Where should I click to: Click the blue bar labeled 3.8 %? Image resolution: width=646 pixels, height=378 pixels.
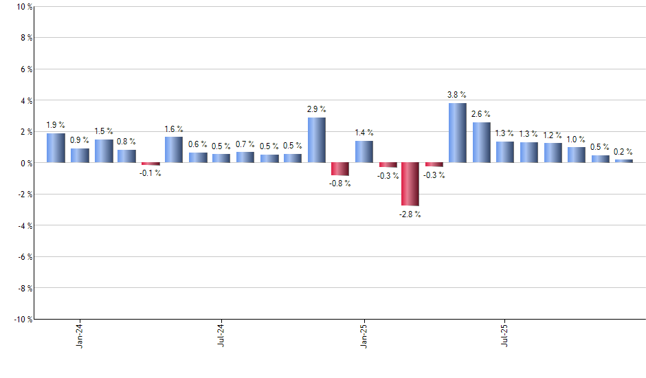point(458,133)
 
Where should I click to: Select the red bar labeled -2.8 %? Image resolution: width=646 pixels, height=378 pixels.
point(410,184)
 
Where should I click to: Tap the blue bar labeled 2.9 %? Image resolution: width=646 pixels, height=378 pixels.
point(316,140)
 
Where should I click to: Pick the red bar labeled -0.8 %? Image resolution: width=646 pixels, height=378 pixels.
point(339,169)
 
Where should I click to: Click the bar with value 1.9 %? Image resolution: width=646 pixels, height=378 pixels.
point(56,148)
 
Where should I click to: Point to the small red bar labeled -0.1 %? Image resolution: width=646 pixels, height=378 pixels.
point(151,164)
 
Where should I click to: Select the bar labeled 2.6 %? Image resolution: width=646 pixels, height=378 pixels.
point(481,142)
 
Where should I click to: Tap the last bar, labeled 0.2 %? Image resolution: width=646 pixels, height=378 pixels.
point(623,161)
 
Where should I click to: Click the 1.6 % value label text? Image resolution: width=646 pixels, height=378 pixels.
point(174,129)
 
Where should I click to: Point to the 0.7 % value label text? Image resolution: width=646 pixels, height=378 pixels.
point(245,144)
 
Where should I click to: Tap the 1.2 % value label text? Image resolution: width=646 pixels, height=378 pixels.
point(553,136)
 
